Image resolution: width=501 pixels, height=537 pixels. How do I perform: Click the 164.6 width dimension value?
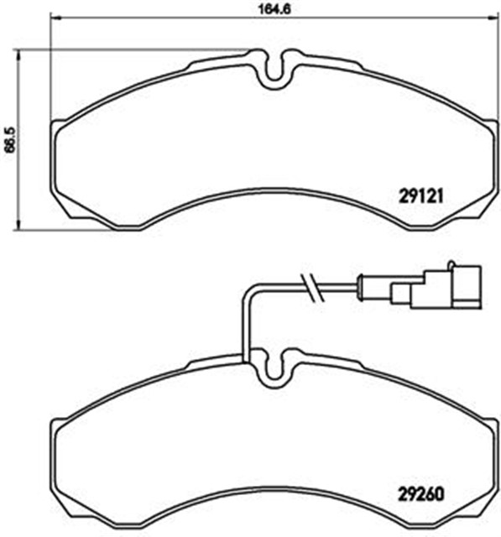click(x=274, y=9)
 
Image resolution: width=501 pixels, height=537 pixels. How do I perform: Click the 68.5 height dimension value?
click(x=11, y=140)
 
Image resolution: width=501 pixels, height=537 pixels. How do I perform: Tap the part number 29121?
click(x=421, y=196)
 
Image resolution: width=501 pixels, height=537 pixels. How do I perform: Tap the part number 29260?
click(x=421, y=494)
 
